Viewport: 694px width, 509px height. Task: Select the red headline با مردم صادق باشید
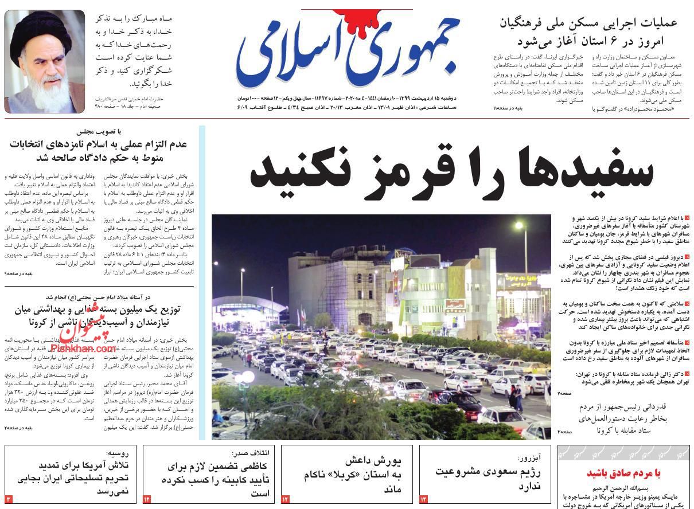click(623, 473)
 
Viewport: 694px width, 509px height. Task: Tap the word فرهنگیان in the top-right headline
click(528, 24)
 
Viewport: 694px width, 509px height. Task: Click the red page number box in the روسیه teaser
click(9, 499)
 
